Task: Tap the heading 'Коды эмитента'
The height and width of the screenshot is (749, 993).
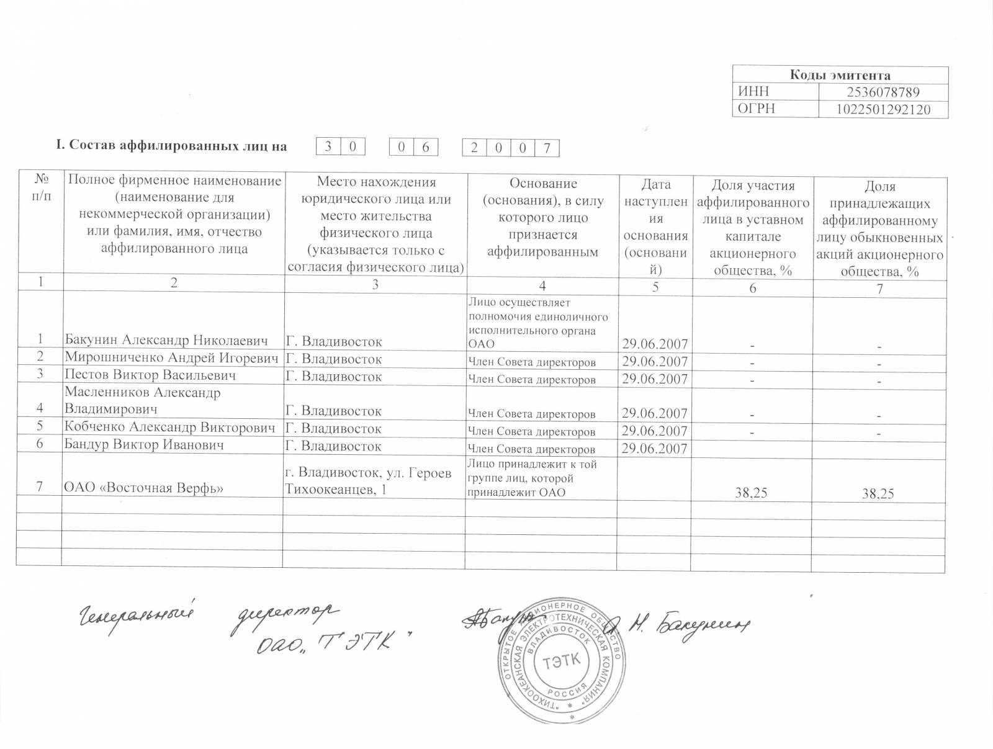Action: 840,75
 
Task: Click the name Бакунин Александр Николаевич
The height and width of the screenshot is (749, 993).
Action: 166,341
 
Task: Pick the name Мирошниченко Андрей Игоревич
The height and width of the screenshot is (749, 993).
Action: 171,358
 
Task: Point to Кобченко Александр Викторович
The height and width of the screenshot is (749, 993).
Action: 169,428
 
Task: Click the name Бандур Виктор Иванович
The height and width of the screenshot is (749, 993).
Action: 144,446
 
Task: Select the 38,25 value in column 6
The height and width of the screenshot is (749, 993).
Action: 751,493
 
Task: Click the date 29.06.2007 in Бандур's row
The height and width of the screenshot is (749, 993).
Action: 654,448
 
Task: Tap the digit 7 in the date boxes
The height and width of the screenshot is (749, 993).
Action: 547,148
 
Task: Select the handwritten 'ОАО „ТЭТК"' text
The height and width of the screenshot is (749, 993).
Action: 336,645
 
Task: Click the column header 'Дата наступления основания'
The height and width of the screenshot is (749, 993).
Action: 655,226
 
